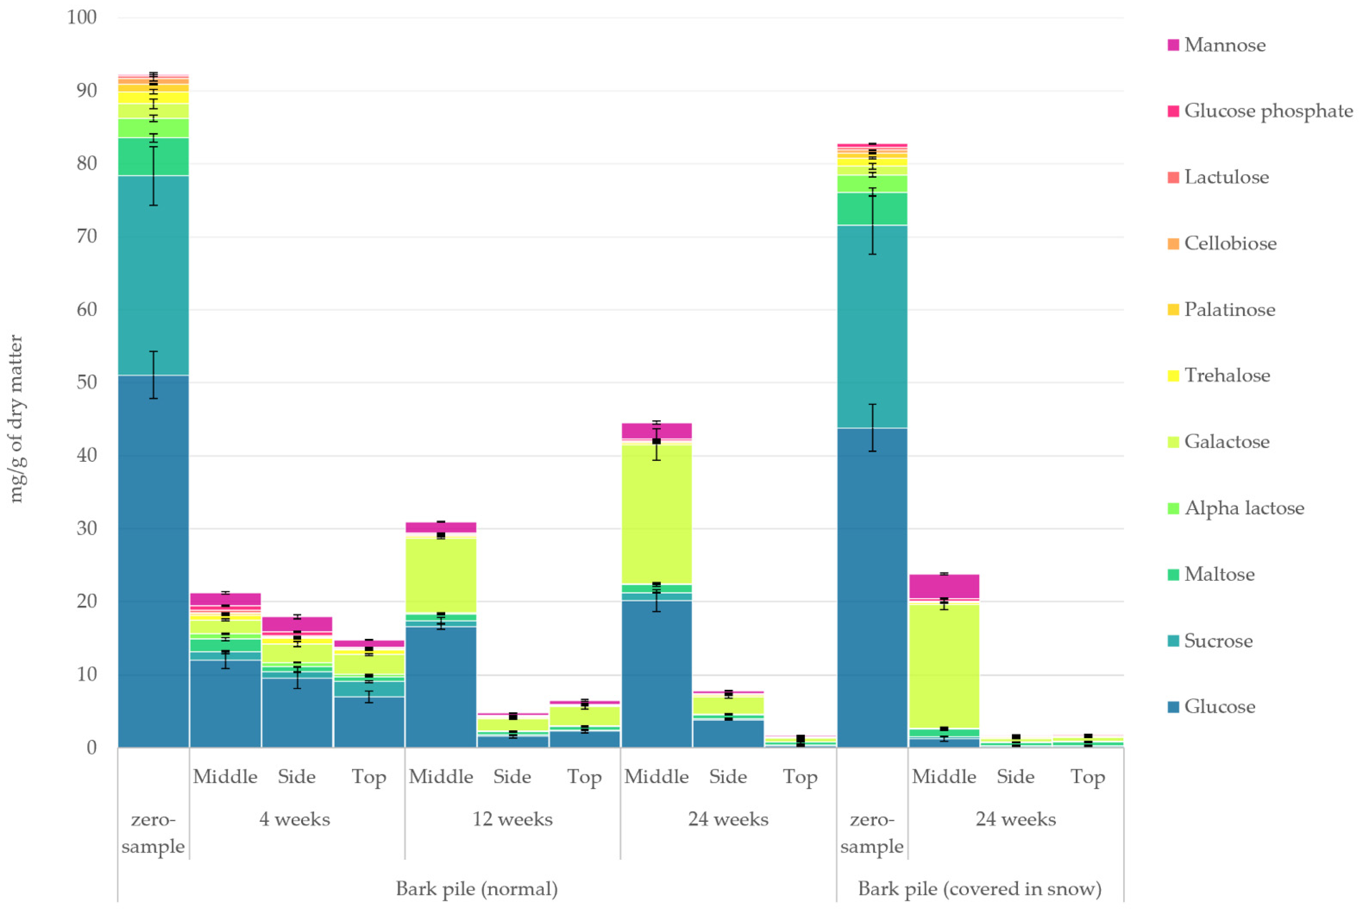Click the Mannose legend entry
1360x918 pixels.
(1216, 45)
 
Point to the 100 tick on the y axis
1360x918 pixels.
(82, 17)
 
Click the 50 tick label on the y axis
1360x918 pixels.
(87, 382)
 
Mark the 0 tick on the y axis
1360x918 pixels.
(91, 748)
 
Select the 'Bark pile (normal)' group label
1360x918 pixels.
(477, 889)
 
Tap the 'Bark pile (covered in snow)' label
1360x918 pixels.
(980, 889)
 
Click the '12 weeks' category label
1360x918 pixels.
(513, 819)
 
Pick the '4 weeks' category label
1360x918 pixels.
(295, 819)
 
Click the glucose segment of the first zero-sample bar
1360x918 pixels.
(153, 561)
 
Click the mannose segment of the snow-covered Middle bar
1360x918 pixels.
(944, 586)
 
